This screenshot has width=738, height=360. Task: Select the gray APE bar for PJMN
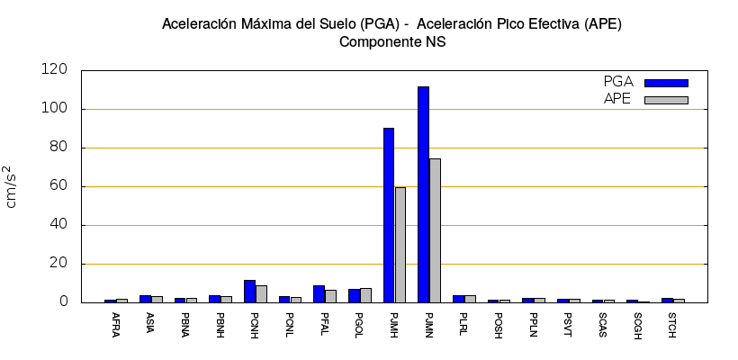[x=436, y=230]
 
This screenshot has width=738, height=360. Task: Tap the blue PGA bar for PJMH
[x=389, y=215]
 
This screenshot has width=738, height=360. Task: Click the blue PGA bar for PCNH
[x=249, y=292]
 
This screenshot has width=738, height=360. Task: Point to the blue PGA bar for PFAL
[x=319, y=294]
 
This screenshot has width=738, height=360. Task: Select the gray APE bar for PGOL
[x=365, y=295]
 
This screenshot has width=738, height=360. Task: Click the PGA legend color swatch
[x=666, y=83]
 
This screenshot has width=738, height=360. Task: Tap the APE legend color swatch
[x=666, y=100]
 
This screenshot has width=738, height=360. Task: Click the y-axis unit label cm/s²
[x=11, y=186]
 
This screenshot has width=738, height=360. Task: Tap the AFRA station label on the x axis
[x=110, y=322]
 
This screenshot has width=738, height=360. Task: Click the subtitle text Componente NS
[x=392, y=41]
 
